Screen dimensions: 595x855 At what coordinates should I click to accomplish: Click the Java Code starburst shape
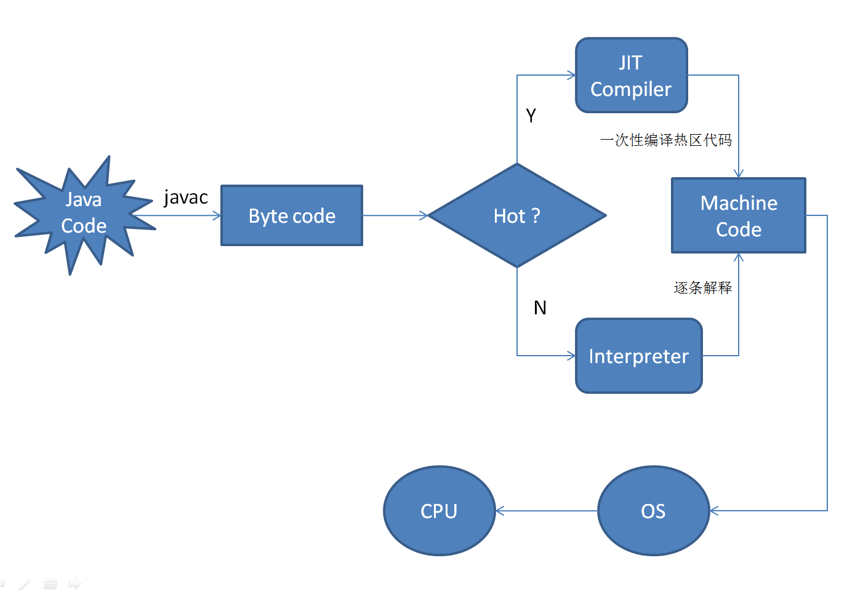point(83,214)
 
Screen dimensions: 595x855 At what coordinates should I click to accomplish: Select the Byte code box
point(292,216)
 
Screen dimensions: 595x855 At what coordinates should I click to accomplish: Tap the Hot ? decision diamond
point(517,216)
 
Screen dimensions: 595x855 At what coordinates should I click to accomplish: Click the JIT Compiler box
point(631,76)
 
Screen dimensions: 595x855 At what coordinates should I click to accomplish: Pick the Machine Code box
point(738,216)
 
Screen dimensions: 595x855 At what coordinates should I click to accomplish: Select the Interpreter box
point(638,356)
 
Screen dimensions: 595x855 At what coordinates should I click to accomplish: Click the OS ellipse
point(653,511)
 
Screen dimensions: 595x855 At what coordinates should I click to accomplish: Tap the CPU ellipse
point(439,511)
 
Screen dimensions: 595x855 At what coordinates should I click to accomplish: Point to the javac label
point(185,198)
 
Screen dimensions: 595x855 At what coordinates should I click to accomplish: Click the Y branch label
point(531,116)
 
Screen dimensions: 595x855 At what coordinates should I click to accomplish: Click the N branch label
point(540,308)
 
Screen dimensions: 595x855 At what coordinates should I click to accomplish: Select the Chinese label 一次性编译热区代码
point(666,140)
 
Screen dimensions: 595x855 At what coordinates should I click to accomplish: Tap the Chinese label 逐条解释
point(702,287)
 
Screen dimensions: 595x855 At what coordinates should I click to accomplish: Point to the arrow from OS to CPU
point(547,511)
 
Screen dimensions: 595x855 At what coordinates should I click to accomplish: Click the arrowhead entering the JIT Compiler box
point(571,75)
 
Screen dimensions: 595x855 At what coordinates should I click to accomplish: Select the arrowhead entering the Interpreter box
point(571,356)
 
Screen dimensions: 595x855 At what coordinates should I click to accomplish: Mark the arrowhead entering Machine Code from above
point(739,174)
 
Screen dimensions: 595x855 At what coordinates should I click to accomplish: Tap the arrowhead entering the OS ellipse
point(714,511)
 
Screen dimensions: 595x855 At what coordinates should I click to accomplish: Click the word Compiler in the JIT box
point(631,90)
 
